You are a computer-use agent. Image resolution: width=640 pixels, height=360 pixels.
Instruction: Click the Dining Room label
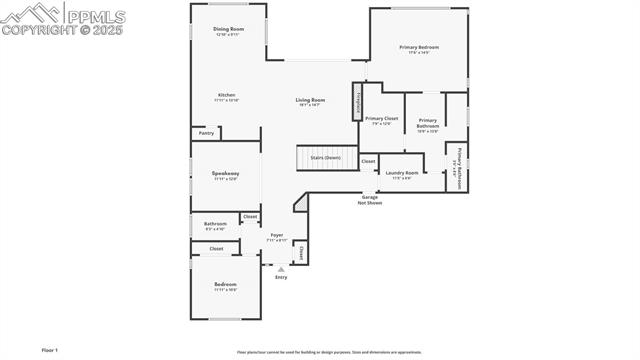point(229,29)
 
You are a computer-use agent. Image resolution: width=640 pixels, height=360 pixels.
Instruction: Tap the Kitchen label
point(227,95)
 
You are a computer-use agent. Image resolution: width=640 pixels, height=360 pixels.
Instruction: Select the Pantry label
point(206,132)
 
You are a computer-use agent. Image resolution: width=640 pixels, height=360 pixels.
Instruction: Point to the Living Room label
point(310,99)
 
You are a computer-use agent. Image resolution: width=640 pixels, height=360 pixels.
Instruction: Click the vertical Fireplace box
point(356,102)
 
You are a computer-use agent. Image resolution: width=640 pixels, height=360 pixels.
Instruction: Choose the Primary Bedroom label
point(420,47)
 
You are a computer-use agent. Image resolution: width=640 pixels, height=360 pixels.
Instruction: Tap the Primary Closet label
point(382,118)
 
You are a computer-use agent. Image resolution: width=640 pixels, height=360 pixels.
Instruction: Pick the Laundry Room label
point(402,173)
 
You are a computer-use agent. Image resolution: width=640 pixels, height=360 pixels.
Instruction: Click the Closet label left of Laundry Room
point(368,161)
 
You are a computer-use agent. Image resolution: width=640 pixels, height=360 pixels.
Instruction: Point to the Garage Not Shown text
point(371,199)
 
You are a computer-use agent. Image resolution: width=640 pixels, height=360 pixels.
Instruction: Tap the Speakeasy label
point(225,174)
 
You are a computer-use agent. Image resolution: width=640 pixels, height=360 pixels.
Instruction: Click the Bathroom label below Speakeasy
point(215,224)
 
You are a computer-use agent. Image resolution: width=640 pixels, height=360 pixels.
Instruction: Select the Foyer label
point(277,236)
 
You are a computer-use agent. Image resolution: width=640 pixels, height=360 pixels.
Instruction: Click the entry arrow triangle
point(281,269)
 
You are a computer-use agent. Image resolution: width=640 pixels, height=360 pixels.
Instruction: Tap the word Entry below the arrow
point(281,277)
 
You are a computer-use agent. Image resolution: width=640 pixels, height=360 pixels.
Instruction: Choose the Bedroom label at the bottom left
point(225,285)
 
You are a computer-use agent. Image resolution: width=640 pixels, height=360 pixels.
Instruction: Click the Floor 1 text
point(50,350)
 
